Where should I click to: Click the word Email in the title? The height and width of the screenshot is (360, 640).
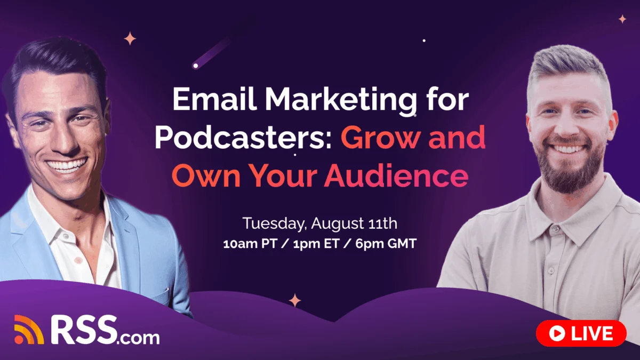[214, 99]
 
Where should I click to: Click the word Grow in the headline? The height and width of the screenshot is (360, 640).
[379, 137]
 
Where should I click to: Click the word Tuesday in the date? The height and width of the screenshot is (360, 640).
[274, 223]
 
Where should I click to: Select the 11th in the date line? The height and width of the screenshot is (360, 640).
[383, 223]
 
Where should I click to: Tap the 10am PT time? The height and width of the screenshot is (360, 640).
[250, 244]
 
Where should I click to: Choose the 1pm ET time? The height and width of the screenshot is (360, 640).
[316, 244]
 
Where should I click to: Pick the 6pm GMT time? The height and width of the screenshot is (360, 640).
[386, 244]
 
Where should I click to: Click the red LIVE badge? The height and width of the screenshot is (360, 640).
[581, 333]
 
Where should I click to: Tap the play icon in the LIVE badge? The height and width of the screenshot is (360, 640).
[557, 333]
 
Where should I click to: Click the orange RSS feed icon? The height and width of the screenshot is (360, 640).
[29, 330]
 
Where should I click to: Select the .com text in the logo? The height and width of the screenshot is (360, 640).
[138, 338]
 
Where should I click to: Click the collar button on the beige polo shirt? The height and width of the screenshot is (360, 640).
[555, 229]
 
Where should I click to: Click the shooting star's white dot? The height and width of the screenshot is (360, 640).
[196, 66]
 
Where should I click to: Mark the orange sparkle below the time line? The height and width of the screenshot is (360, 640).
[294, 300]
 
